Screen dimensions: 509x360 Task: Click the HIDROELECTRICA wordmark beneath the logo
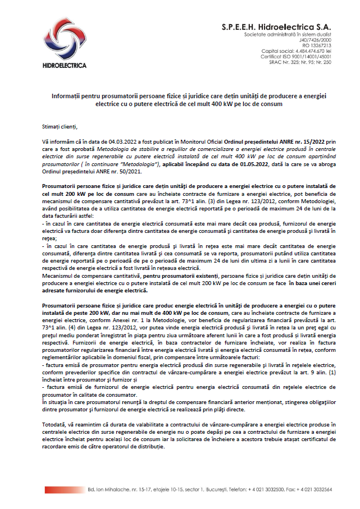[65, 66]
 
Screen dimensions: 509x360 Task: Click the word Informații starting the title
[66, 97]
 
